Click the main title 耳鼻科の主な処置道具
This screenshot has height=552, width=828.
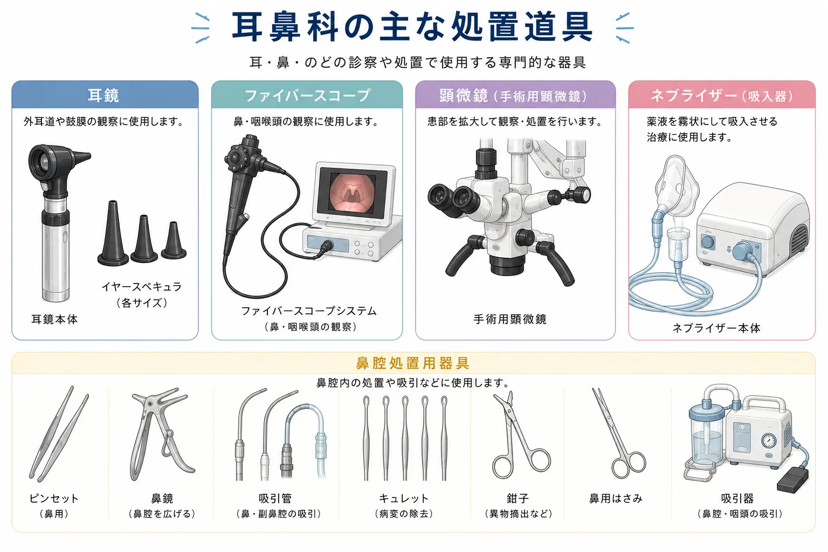412,26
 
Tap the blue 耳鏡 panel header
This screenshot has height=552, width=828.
105,95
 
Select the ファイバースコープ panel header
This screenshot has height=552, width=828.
307,95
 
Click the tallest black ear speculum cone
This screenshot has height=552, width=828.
113,233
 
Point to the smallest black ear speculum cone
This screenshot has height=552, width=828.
174,240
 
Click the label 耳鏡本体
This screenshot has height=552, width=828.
54,319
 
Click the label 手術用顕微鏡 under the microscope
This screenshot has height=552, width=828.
510,319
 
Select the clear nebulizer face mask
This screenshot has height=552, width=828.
677,187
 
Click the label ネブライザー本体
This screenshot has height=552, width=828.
716,328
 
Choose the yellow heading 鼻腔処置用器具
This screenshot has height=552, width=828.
413,363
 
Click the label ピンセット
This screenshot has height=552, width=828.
54,499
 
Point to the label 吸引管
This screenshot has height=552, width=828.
275,499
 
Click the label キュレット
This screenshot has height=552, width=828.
404,499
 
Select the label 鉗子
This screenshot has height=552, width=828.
518,499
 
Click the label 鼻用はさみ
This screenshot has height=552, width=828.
616,499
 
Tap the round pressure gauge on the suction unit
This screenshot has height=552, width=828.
769,441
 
